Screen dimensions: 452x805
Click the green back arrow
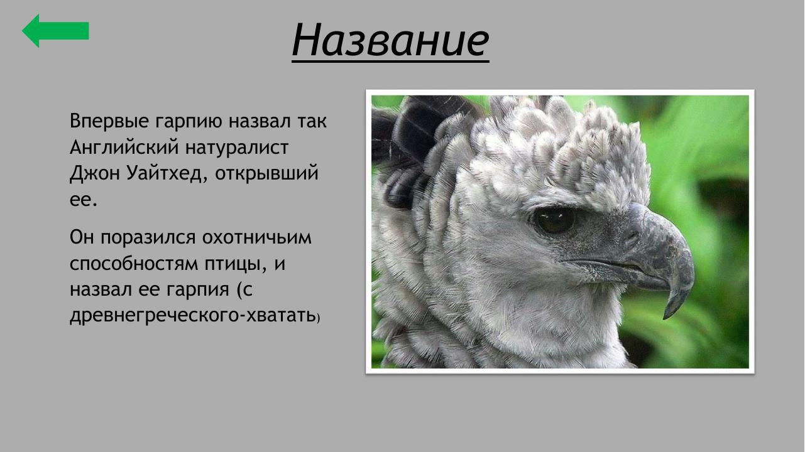tap(55, 31)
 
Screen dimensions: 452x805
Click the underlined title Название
tap(390, 40)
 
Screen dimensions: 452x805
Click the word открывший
tap(267, 174)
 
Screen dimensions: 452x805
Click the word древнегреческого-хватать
tap(192, 316)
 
